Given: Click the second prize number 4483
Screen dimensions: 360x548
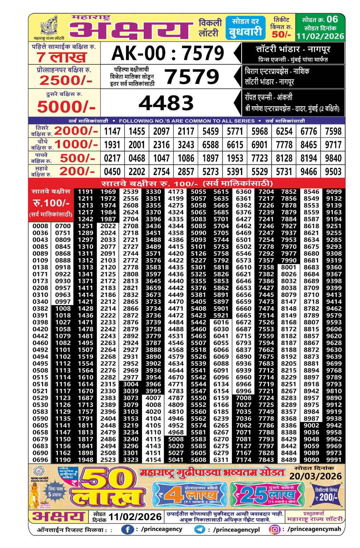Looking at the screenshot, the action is tap(166, 103).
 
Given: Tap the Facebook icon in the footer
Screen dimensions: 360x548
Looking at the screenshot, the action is tap(127, 530).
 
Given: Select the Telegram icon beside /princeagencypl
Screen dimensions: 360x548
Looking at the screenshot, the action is tap(200, 530).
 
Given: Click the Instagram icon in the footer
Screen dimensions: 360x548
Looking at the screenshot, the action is tap(274, 530).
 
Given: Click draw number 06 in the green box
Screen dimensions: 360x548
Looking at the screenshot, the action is tap(332, 19).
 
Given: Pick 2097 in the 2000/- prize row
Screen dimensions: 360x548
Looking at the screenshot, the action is tap(162, 131).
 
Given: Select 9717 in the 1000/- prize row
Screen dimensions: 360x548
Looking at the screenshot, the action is tap(333, 145).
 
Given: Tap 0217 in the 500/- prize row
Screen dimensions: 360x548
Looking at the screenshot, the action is tap(112, 158).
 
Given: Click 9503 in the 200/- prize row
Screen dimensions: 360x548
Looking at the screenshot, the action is tap(333, 172).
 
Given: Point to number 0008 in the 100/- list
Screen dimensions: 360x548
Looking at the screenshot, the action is tap(40, 226).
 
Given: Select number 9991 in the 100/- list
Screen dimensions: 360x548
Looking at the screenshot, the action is tap(334, 460).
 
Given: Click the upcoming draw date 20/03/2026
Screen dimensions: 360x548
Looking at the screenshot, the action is tap(316, 476).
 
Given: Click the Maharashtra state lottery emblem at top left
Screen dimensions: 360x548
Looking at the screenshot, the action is tap(49, 26).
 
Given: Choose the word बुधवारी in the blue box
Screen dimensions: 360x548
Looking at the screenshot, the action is tap(245, 32).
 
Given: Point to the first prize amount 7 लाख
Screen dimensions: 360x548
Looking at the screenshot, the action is tap(62, 57).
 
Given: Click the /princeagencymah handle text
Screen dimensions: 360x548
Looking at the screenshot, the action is tap(314, 529).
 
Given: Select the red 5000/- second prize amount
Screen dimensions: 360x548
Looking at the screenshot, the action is tap(66, 107).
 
